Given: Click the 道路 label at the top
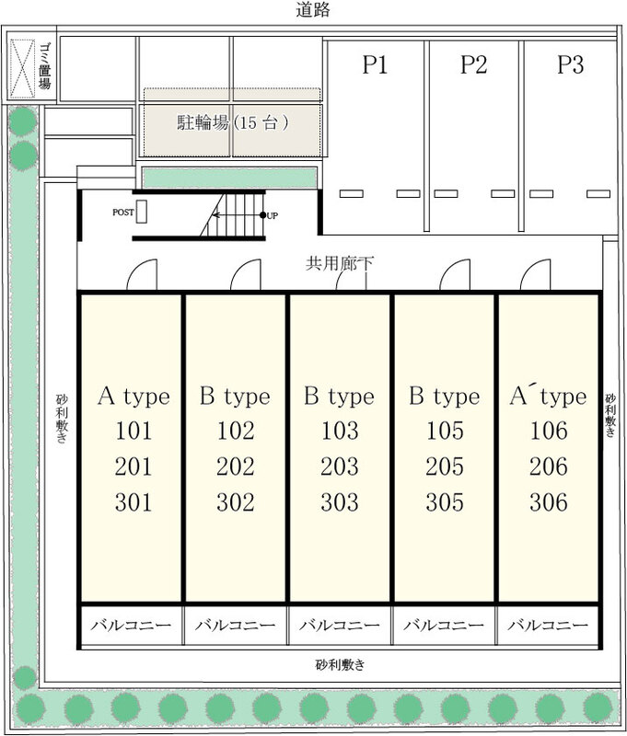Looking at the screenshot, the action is point(313,9).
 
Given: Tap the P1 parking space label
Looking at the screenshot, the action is point(375,64).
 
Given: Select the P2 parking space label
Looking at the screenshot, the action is point(473,64).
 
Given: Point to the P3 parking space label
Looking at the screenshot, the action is point(571,64).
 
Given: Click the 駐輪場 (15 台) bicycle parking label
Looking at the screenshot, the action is point(233,122).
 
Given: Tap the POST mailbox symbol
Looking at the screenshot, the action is point(142,212).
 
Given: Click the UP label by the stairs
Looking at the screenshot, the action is point(273,216).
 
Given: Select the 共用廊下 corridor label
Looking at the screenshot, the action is point(339,263).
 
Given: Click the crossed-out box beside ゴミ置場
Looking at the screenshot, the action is point(22,69).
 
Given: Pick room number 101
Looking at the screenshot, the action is point(134,431).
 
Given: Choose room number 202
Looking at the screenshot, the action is point(236,466).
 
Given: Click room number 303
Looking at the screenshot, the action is point(340,501).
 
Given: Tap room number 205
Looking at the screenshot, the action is point(445,466).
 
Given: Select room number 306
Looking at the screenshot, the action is point(549,501).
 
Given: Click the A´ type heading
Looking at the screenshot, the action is point(548,396).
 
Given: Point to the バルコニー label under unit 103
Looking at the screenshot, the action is point(340,626).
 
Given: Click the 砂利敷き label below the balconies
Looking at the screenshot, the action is point(340,664).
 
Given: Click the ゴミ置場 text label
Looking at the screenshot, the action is point(45,65).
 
